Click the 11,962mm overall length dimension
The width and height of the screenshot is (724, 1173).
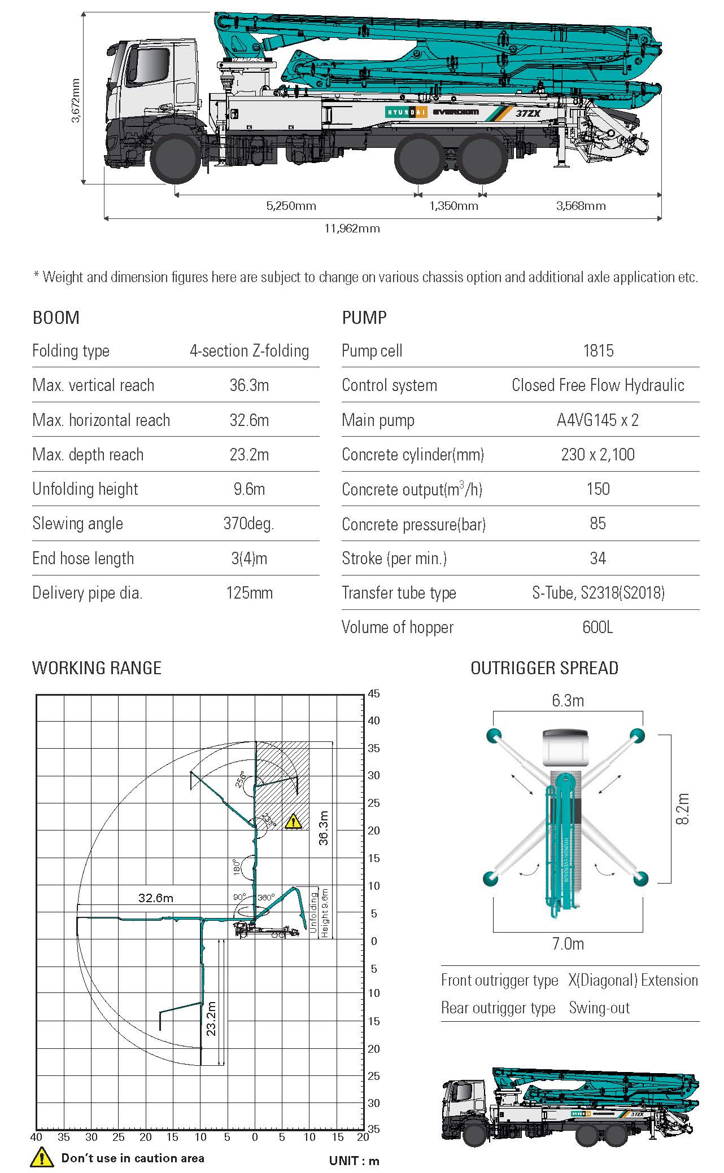352,229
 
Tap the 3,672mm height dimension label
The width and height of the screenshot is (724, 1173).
76,100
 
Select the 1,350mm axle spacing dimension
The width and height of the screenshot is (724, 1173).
453,206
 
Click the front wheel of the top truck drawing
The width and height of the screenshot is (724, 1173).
175,157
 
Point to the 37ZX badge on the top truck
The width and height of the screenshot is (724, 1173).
528,113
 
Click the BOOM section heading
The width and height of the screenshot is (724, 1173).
56,318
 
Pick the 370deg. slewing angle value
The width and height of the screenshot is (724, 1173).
248,524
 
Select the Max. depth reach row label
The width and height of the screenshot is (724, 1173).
88,455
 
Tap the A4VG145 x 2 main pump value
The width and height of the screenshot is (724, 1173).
597,420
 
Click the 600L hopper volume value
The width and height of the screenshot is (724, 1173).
597,627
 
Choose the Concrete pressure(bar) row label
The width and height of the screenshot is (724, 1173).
414,525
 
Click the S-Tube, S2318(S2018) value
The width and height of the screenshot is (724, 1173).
598,593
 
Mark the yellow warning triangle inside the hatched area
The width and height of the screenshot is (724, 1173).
293,821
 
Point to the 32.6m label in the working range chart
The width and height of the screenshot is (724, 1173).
156,898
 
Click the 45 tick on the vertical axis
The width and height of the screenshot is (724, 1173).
374,693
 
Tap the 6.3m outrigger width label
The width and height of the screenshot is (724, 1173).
568,701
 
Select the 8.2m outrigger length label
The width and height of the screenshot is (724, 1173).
683,809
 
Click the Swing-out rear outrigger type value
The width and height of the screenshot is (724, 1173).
599,1008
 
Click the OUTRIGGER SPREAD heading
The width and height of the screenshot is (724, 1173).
544,668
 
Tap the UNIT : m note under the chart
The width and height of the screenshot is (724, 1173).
354,1161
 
